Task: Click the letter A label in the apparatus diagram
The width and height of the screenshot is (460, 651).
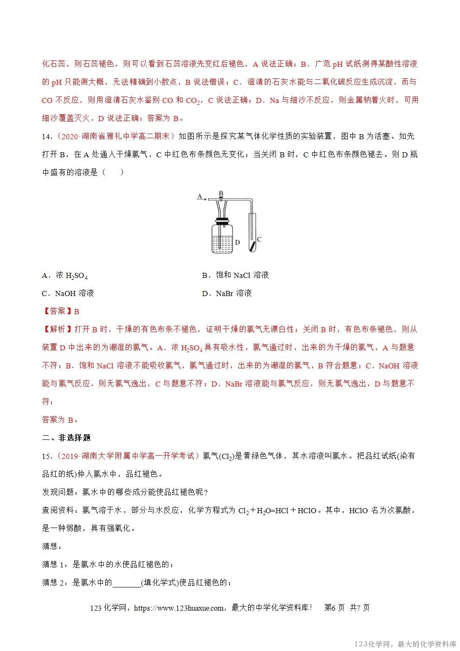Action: (199, 196)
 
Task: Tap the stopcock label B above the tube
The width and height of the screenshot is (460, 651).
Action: (221, 193)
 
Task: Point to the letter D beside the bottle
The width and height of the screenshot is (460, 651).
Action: (237, 242)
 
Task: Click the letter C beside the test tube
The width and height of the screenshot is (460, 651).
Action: (259, 239)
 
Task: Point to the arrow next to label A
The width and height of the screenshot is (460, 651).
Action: (205, 199)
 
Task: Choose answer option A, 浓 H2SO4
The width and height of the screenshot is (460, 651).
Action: (65, 275)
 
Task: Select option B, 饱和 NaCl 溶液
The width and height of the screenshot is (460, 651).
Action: (235, 275)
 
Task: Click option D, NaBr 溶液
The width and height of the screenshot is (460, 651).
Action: (227, 293)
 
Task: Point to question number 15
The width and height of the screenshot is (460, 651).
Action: (46, 456)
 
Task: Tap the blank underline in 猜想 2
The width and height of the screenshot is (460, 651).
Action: (127, 583)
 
